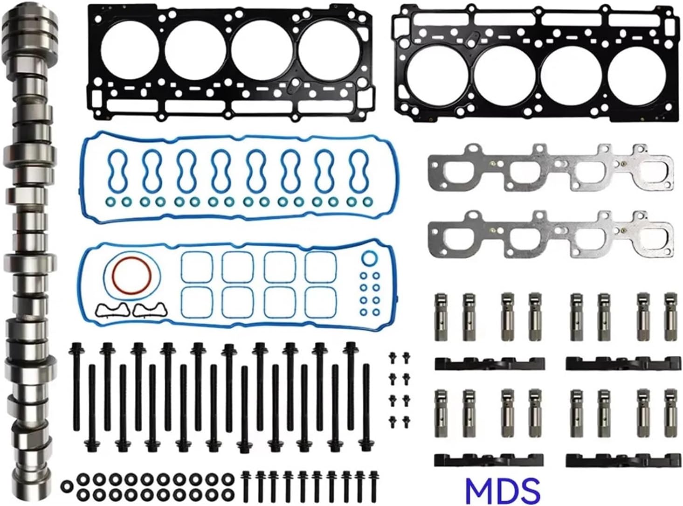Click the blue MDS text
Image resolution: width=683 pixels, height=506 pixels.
pos(503,488)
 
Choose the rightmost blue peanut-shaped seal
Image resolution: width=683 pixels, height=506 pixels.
pos(358,169)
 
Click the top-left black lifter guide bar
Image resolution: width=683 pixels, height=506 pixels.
pos(490,363)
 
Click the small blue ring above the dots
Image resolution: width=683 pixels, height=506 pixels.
pos(369,258)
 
